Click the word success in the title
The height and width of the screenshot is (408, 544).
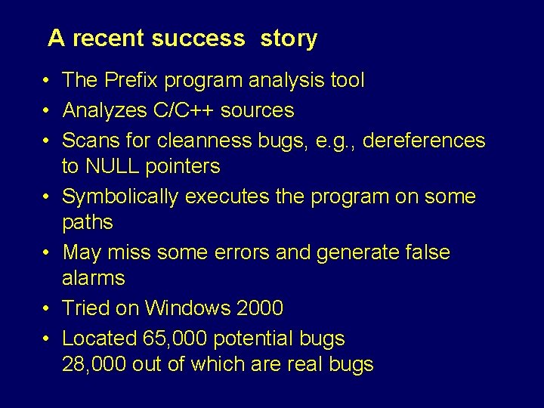(x=198, y=39)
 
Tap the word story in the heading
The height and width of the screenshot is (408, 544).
(x=289, y=39)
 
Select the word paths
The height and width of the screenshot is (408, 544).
(x=87, y=223)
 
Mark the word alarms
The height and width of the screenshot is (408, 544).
(x=93, y=278)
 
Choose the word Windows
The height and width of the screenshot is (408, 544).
(x=187, y=308)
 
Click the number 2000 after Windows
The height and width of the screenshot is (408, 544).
(x=260, y=308)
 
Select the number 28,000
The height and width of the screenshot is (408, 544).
(x=94, y=364)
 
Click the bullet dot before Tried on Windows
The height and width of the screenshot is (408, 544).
(x=46, y=308)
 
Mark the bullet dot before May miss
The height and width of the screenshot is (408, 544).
(x=46, y=252)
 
